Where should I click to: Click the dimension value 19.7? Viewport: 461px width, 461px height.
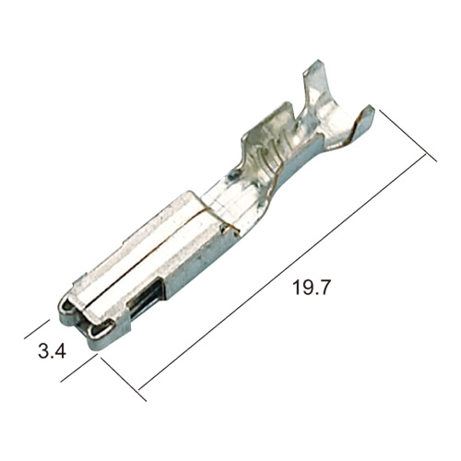[x=311, y=288]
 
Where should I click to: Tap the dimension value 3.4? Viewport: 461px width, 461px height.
[x=52, y=351]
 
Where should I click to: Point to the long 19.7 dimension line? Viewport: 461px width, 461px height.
[x=282, y=273]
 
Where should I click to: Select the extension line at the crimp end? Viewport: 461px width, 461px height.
[x=408, y=136]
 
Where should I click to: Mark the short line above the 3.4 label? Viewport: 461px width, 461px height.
[x=37, y=329]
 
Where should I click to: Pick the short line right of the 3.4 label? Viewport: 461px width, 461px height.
[x=79, y=368]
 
